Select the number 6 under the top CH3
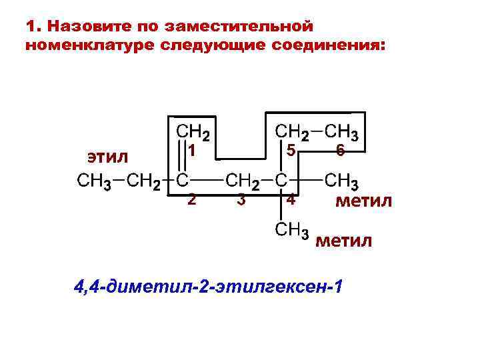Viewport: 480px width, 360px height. click(339, 151)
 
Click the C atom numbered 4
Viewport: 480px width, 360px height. click(281, 180)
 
